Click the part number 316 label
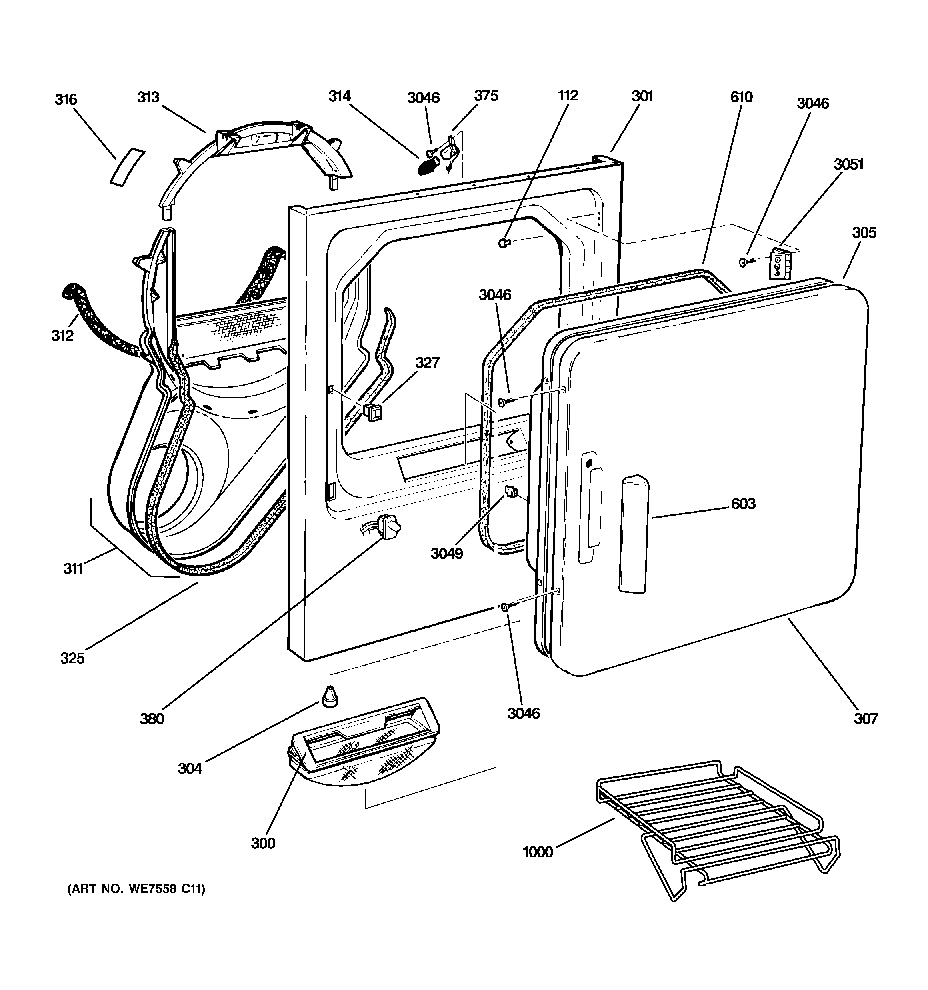click(x=66, y=100)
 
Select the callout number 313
click(x=148, y=97)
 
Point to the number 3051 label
click(x=849, y=164)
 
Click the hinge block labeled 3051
click(x=778, y=264)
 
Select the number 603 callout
click(x=743, y=504)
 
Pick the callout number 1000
click(x=538, y=852)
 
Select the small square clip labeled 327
click(x=372, y=412)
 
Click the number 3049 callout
click(x=447, y=553)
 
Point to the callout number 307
click(x=866, y=718)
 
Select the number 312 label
click(x=62, y=336)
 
